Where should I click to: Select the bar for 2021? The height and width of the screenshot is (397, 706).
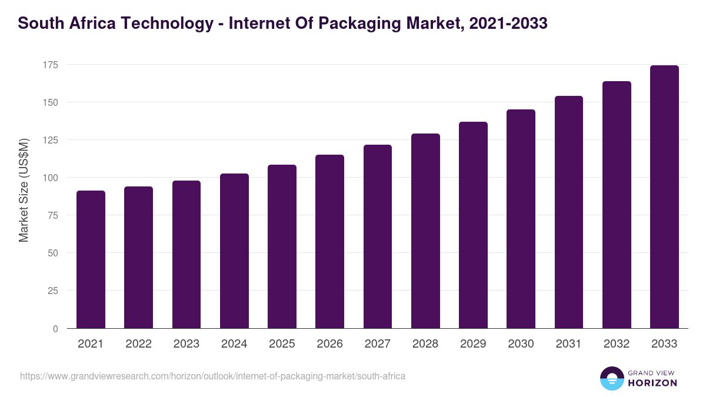[91, 259]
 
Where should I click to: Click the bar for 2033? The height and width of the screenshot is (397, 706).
[664, 197]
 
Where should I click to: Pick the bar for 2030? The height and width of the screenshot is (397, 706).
[521, 219]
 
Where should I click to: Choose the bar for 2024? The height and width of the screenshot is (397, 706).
[234, 251]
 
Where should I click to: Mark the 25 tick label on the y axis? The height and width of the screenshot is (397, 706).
[52, 291]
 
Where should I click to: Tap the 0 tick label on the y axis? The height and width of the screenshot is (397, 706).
[55, 329]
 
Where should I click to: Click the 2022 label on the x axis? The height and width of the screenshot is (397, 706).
[138, 344]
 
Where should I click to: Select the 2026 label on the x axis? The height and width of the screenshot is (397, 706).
[329, 344]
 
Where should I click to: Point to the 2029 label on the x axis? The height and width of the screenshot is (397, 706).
[473, 344]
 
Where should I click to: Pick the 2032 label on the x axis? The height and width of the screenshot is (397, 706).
[617, 344]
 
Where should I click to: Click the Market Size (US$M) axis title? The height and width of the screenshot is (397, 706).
[24, 190]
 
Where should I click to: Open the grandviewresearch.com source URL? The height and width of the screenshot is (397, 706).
[212, 376]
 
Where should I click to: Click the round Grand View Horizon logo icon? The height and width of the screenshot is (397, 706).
[612, 378]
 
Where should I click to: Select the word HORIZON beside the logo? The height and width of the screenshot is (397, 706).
[652, 383]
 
